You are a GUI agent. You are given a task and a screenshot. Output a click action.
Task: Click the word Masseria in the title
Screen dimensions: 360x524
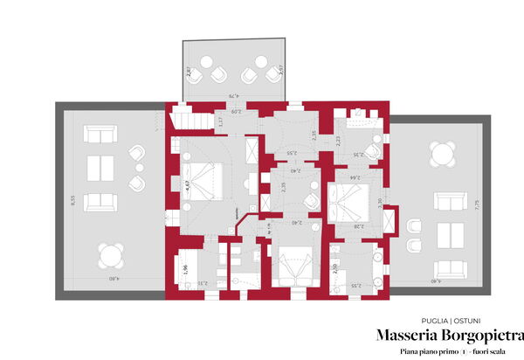point(407,336)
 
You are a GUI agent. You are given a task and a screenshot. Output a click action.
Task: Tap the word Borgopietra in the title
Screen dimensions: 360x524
point(481,336)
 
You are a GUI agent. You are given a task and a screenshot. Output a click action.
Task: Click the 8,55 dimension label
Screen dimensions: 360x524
point(73,200)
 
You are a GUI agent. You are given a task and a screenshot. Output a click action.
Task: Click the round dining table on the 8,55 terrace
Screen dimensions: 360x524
point(110,256)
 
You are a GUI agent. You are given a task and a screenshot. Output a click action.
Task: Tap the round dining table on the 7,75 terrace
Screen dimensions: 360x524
point(444,156)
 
